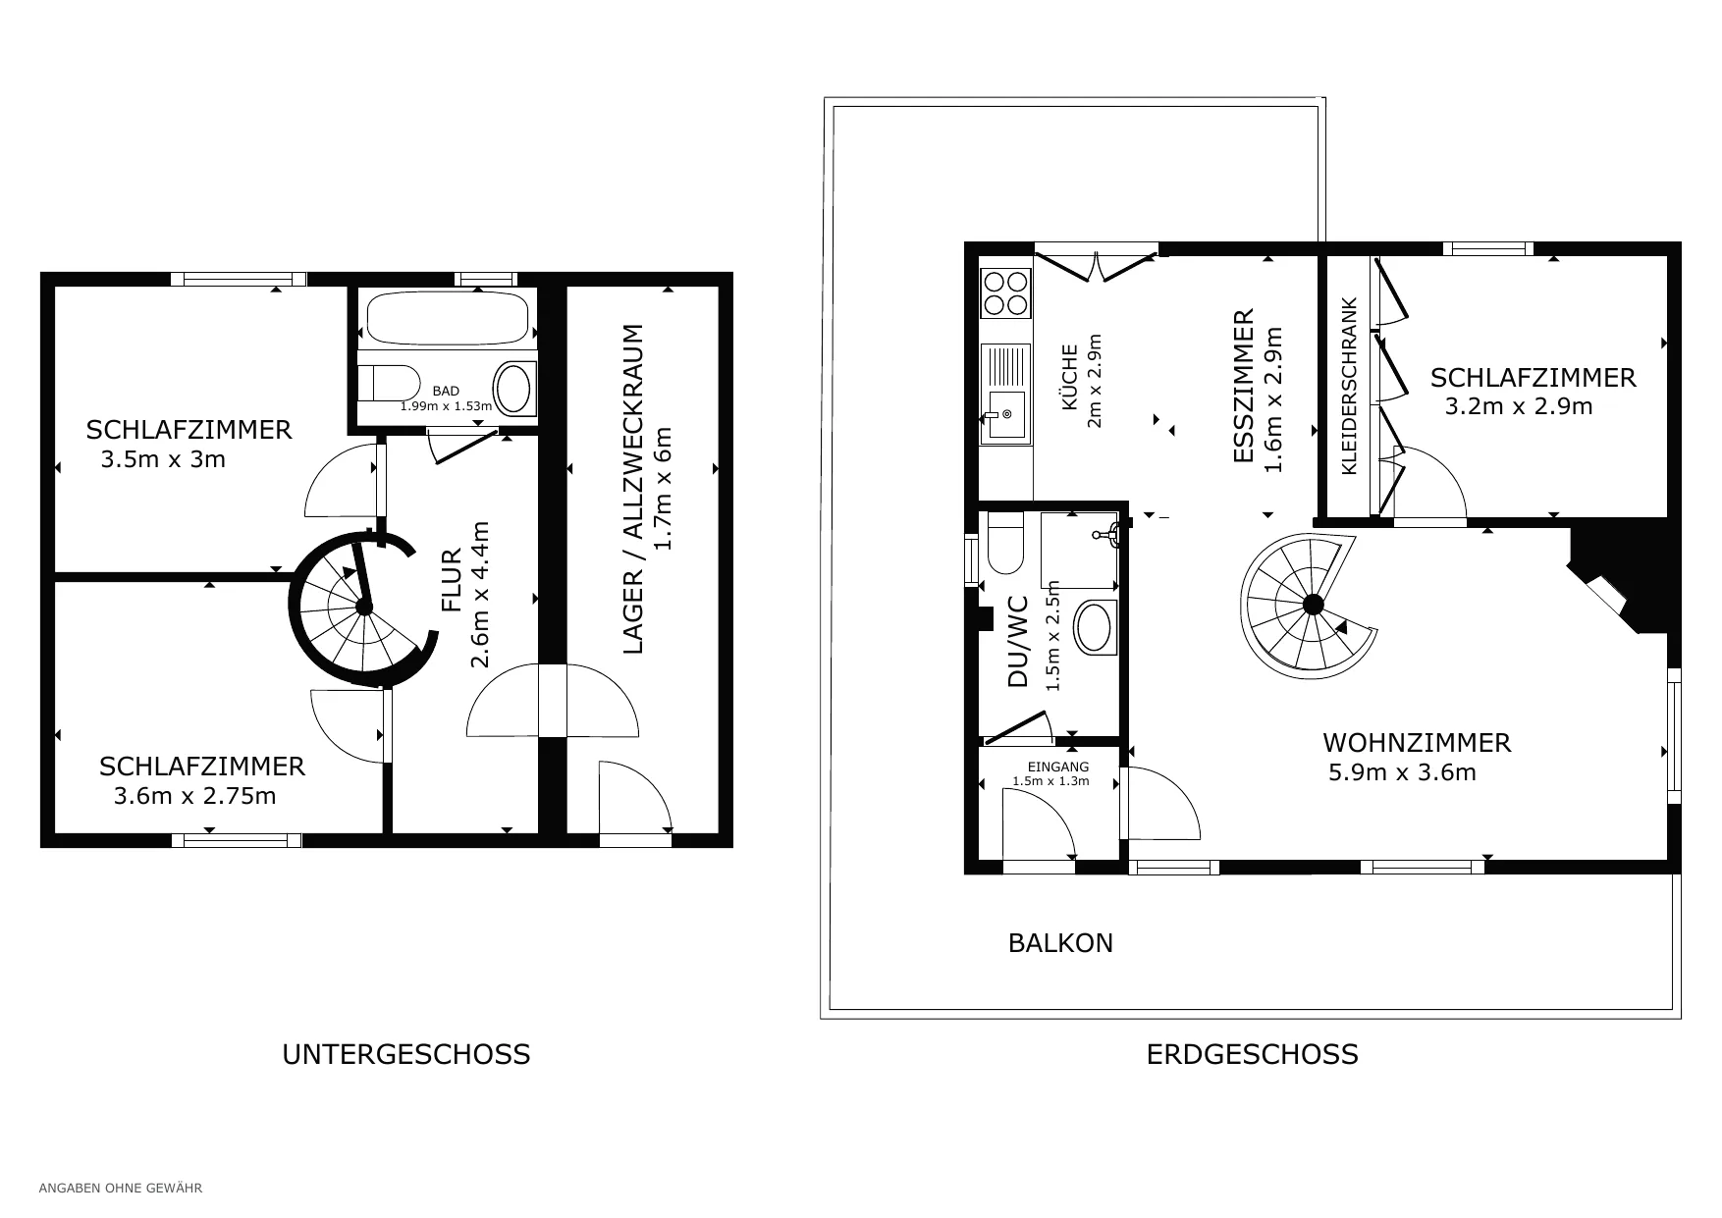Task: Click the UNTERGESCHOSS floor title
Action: (405, 1054)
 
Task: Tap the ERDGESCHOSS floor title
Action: (1252, 1054)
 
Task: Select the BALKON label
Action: (1060, 943)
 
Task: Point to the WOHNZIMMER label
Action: (1417, 743)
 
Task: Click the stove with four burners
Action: (1005, 292)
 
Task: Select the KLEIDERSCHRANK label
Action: (1349, 387)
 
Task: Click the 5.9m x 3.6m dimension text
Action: (1402, 772)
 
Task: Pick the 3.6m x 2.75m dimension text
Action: (194, 796)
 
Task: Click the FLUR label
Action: (452, 579)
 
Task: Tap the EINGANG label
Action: (1057, 768)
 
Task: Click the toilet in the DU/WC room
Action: (1005, 542)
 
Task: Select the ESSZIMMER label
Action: (1243, 386)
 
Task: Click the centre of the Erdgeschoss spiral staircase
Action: (1313, 605)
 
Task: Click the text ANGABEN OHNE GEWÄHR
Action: (120, 1189)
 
